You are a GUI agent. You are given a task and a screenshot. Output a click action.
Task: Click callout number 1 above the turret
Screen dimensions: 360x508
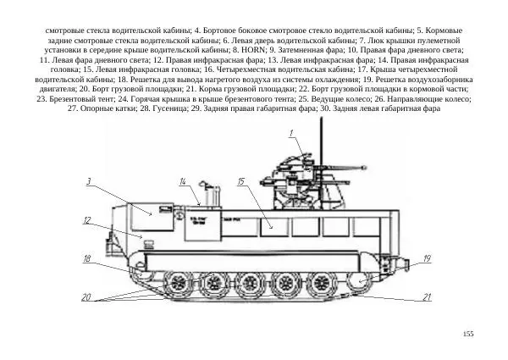(290, 133)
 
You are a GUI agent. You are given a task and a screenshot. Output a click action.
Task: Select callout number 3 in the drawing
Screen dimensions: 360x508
(89, 181)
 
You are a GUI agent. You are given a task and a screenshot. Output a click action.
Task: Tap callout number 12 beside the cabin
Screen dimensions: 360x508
(87, 220)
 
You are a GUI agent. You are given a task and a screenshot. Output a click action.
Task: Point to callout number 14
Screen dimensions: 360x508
(183, 181)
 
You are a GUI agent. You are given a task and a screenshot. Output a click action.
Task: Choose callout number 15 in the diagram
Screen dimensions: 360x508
(241, 181)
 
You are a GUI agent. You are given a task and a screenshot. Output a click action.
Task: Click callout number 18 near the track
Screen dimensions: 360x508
(87, 258)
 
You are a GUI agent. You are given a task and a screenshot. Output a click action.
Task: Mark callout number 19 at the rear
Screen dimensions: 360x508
(427, 258)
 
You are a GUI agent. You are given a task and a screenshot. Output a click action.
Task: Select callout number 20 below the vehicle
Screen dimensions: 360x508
(86, 297)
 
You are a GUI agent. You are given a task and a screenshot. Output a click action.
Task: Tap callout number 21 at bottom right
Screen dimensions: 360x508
(428, 297)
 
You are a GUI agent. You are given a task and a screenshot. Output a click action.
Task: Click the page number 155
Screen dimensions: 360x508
(467, 335)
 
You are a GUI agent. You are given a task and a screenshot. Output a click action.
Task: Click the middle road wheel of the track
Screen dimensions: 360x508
(251, 281)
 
